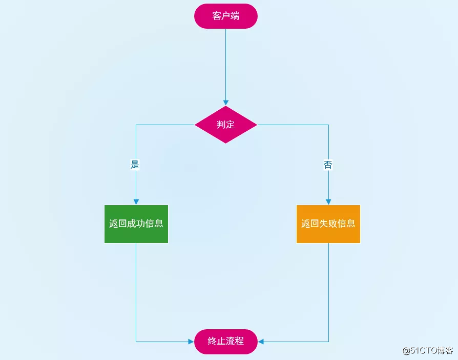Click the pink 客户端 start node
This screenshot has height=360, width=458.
[225, 16]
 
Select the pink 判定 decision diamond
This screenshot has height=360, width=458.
[225, 125]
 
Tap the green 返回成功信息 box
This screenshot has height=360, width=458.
[136, 224]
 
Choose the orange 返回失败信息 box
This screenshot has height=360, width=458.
[328, 224]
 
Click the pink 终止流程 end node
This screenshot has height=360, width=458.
[225, 342]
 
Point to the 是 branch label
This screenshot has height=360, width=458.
[135, 165]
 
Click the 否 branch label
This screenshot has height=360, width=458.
[328, 165]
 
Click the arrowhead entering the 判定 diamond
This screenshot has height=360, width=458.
[225, 103]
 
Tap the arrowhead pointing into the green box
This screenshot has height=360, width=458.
[136, 202]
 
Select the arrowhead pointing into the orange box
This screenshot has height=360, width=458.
[328, 202]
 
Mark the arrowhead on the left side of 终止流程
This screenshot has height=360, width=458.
[191, 342]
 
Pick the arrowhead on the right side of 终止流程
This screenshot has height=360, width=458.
[261, 342]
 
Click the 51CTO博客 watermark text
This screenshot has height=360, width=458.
[427, 351]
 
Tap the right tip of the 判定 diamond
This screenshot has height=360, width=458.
[256, 125]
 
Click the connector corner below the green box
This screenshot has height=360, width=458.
[136, 342]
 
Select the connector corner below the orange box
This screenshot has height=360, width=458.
[328, 342]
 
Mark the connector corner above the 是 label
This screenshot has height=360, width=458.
[136, 125]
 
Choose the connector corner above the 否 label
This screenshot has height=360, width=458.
[328, 125]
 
